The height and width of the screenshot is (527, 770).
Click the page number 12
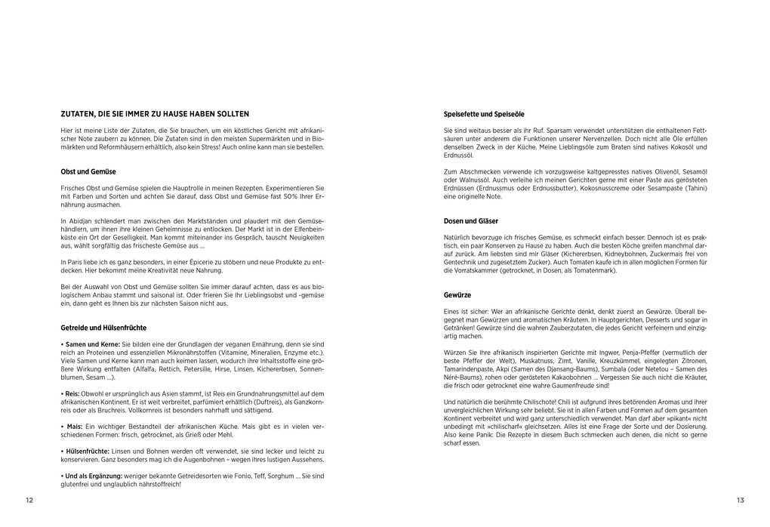[29, 501]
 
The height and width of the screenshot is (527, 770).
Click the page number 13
[740, 501]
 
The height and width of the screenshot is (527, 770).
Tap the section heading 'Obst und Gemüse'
[88, 171]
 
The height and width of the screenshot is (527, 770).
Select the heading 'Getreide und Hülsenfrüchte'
[103, 328]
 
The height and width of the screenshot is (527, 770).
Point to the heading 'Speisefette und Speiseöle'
[484, 114]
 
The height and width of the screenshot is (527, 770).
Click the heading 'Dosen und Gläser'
[471, 221]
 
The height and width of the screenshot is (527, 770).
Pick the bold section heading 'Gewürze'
[457, 294]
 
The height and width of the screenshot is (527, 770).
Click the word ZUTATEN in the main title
[78, 114]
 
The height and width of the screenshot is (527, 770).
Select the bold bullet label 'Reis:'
[73, 393]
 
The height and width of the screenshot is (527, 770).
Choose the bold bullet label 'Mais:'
[74, 427]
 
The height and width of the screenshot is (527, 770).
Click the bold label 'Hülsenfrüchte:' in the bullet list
[87, 451]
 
